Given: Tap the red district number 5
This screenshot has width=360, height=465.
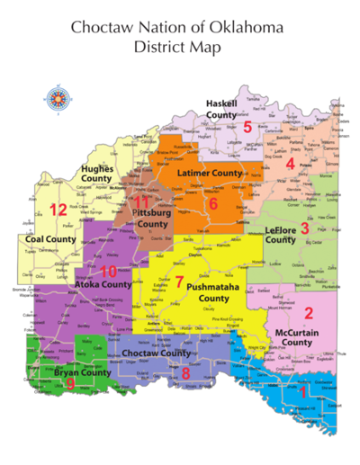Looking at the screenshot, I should coord(247,127).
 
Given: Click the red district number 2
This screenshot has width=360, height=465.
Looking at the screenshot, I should coord(308,313).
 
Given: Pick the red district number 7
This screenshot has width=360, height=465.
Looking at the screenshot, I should coord(213,203).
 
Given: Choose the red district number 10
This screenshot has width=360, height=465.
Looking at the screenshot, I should coord(179,282).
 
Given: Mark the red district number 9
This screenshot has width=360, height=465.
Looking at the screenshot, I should coord(185,372).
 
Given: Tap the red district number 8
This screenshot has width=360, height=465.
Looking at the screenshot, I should coord(70,384).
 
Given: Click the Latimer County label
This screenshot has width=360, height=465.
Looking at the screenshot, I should coord(210,172).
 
